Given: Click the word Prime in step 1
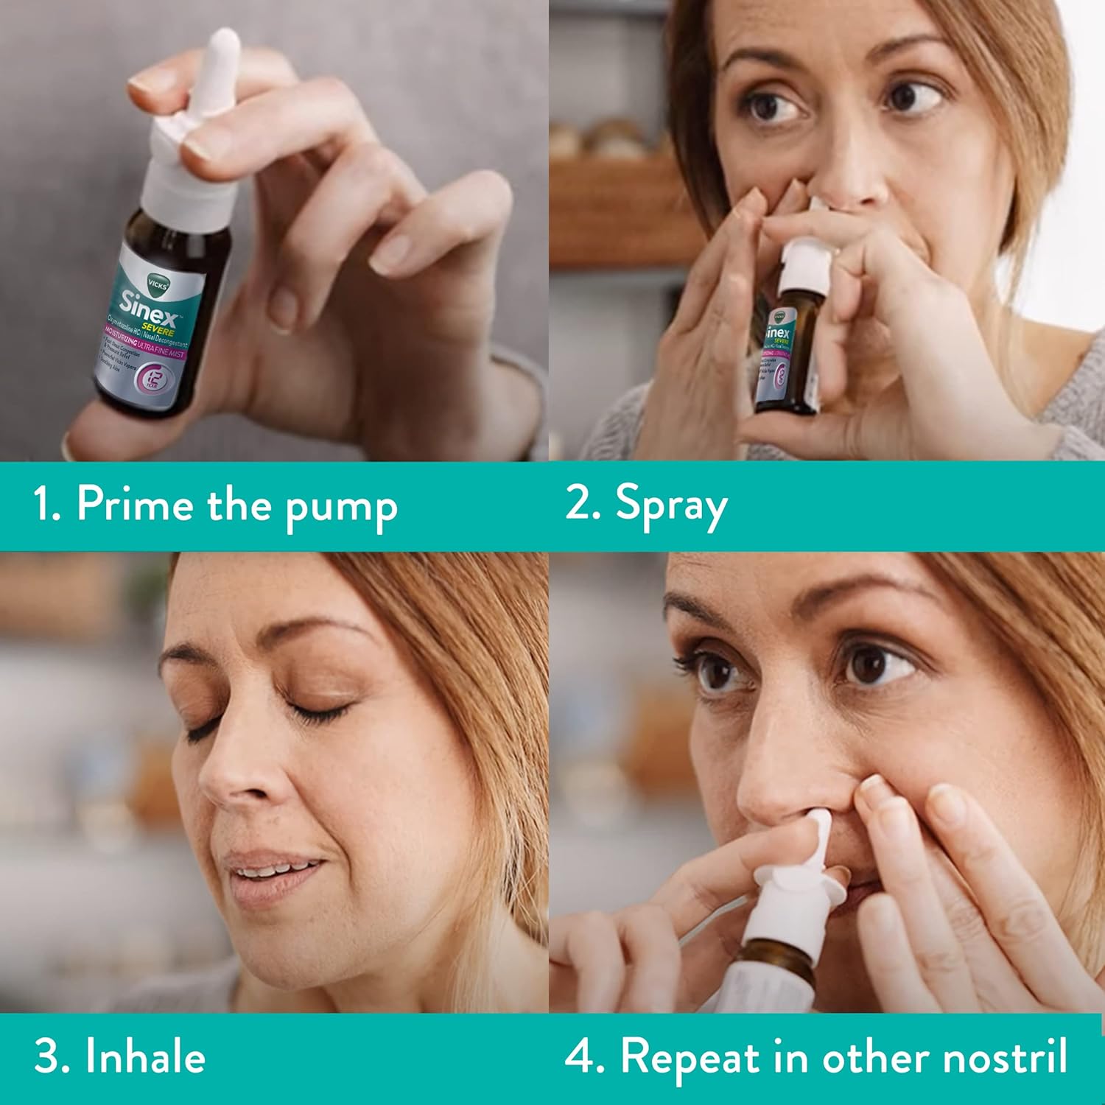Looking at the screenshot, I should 135,505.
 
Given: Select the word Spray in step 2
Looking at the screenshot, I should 671,507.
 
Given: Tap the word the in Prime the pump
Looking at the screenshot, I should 239,505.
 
